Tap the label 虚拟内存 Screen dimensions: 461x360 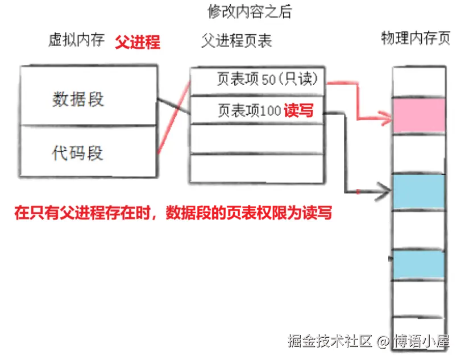(x=76, y=40)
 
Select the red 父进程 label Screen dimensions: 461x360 (x=138, y=42)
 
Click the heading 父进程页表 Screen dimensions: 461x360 (x=236, y=40)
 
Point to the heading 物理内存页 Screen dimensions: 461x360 (x=415, y=39)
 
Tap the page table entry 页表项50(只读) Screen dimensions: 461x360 (x=267, y=79)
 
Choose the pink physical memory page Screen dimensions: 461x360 (x=418, y=116)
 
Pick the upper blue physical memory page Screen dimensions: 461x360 (x=418, y=191)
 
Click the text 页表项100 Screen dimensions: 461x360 (x=250, y=111)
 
